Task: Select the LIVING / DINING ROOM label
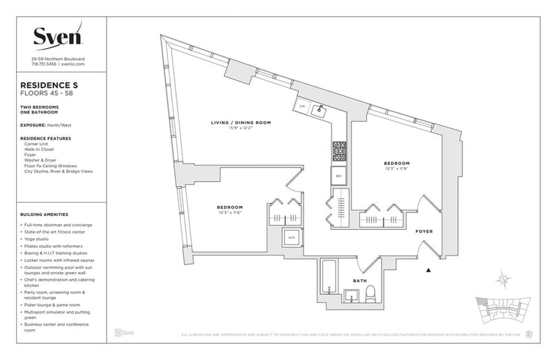(x=241, y=123)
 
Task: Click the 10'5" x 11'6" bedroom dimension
(x=229, y=213)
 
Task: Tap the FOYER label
(x=425, y=230)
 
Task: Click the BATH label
(x=359, y=281)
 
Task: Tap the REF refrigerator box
(x=339, y=176)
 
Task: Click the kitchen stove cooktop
(x=339, y=150)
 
